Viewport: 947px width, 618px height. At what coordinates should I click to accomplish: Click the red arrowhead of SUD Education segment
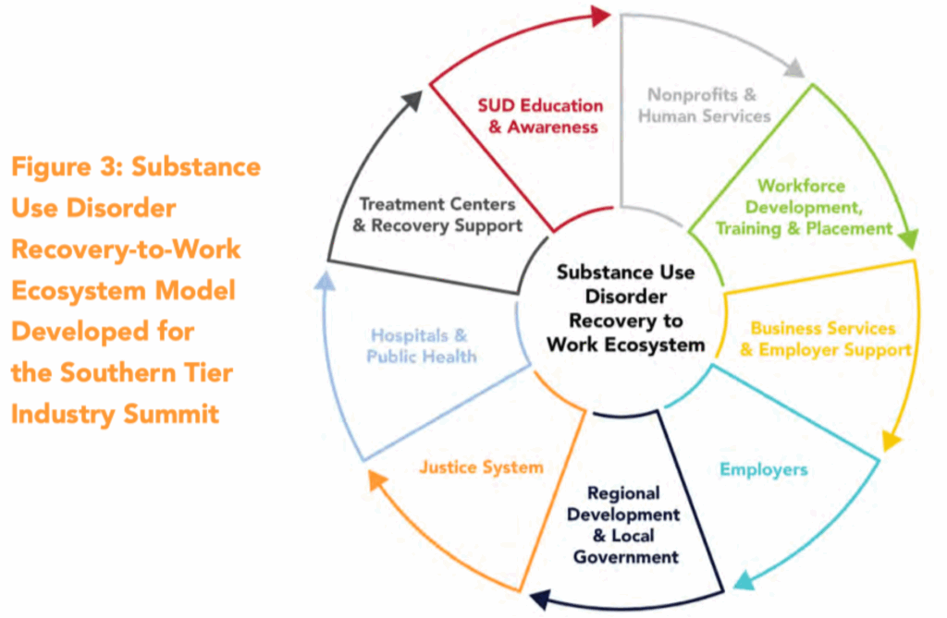601,15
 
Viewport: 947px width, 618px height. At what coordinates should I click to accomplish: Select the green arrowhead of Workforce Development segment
908,239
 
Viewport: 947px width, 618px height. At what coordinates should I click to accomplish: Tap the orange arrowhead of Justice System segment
374,479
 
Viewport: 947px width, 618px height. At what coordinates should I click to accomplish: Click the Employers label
763,469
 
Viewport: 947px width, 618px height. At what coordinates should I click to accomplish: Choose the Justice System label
481,467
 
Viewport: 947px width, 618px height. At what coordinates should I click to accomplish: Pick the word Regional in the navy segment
623,493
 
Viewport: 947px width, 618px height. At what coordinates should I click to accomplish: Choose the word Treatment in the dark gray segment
403,203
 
